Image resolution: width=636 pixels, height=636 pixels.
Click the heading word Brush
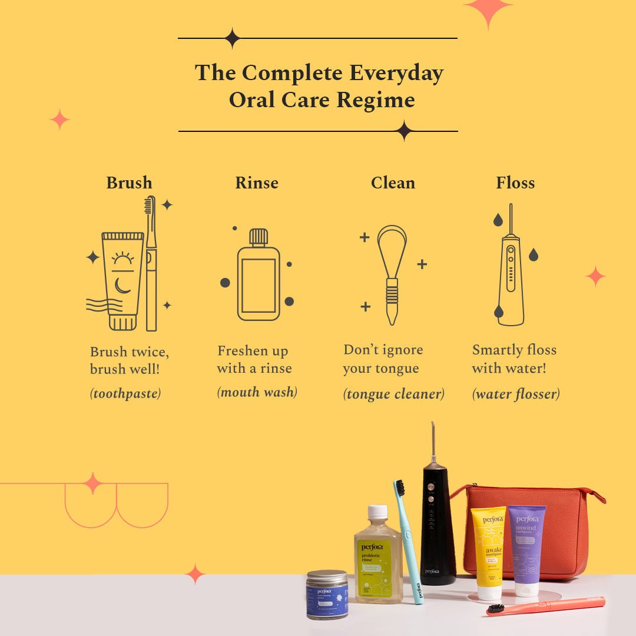coord(129,183)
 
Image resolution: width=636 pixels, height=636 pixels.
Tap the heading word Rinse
coord(257,183)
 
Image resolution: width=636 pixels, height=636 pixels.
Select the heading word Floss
coord(515,183)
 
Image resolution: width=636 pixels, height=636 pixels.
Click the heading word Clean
coord(393,183)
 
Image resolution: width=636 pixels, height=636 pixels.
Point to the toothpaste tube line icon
coord(122,280)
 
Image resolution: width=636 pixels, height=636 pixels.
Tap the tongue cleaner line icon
coord(392,274)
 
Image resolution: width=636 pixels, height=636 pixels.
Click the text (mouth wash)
coord(257,392)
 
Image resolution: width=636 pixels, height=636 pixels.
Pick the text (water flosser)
coord(516,394)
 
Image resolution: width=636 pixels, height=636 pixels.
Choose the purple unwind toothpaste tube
coord(526,545)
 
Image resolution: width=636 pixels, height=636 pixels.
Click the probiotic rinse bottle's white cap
coord(377,512)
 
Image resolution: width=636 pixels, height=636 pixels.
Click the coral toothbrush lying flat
coord(548,605)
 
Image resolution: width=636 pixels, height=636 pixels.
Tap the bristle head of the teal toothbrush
coord(400,488)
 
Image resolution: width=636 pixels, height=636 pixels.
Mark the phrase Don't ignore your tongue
coord(383,359)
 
